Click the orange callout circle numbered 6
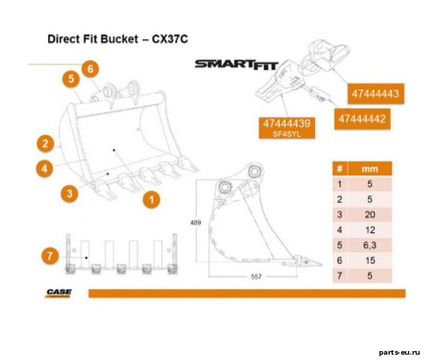coord(90,69)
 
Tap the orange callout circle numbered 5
coord(71,79)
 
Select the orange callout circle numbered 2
coord(45,144)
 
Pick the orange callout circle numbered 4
coord(44,168)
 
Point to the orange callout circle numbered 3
coord(69,193)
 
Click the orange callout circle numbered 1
coord(151,200)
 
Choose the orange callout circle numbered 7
coord(50,256)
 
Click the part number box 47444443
coord(376,94)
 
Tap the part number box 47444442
coord(362,119)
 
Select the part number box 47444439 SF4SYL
coord(287,128)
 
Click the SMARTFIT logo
coord(236,65)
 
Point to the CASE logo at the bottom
coord(59,293)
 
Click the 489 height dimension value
coord(195,223)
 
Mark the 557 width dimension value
coord(256,277)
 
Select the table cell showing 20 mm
coord(370,215)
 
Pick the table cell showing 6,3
coord(370,246)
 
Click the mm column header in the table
coord(370,169)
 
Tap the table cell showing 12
coord(370,230)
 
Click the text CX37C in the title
coord(170,39)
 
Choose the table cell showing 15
coord(370,261)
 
